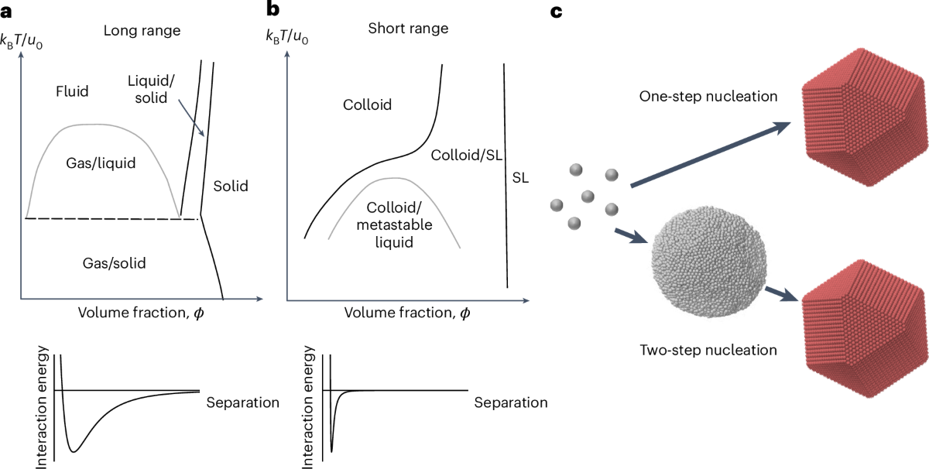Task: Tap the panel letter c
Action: [557, 11]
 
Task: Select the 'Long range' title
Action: [142, 31]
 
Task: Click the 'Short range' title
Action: [408, 29]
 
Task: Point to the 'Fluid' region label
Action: [73, 91]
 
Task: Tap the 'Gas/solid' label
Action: [114, 263]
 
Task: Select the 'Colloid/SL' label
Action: [464, 155]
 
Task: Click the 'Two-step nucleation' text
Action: [708, 350]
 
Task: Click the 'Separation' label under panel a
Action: [243, 403]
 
